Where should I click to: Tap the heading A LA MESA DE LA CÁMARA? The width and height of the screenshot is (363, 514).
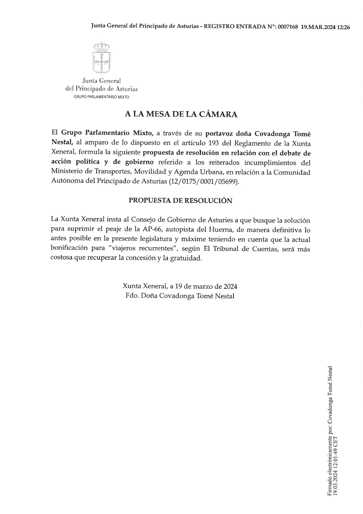pos(181,114)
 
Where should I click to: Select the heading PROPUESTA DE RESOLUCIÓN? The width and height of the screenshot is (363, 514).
pos(181,201)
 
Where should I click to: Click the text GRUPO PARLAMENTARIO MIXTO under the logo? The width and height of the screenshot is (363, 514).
pos(101,97)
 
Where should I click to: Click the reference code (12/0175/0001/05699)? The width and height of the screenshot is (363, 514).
pos(204,181)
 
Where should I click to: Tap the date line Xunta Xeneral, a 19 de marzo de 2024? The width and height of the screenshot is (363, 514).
pos(180,286)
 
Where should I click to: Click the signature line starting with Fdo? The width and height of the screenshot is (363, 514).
pos(180,296)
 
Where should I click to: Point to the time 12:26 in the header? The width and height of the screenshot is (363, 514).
pos(344,27)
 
